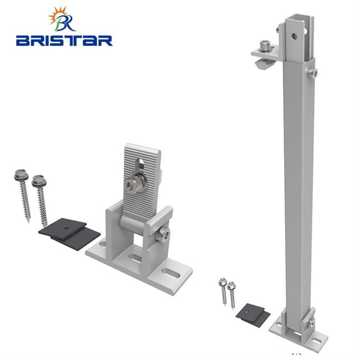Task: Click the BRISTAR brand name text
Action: tap(64, 40)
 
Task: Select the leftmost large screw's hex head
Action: tap(21, 175)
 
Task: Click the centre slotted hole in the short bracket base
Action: tap(135, 258)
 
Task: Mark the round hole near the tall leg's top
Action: tap(295, 36)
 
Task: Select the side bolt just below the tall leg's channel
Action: tap(313, 73)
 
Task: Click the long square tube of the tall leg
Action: tap(299, 187)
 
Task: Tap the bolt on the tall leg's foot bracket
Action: tap(310, 323)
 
